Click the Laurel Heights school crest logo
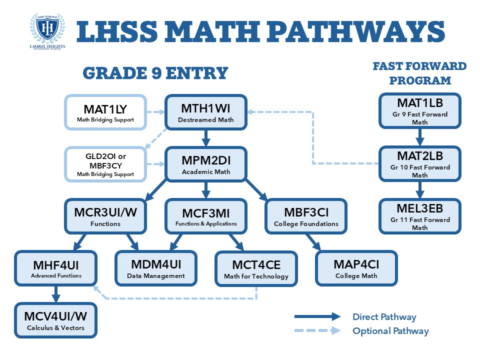click(x=47, y=30)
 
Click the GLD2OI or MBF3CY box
click(x=105, y=164)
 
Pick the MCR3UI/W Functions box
click(x=105, y=215)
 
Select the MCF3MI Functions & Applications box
click(x=206, y=215)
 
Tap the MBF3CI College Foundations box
click(x=306, y=215)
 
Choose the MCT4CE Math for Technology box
click(x=256, y=268)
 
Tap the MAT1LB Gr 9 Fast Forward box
click(x=420, y=110)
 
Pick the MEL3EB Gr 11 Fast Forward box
click(x=420, y=216)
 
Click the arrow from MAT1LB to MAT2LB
click(x=420, y=136)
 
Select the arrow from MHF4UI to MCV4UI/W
click(x=56, y=293)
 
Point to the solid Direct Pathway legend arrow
click(x=317, y=316)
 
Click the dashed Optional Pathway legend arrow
click(x=317, y=330)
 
